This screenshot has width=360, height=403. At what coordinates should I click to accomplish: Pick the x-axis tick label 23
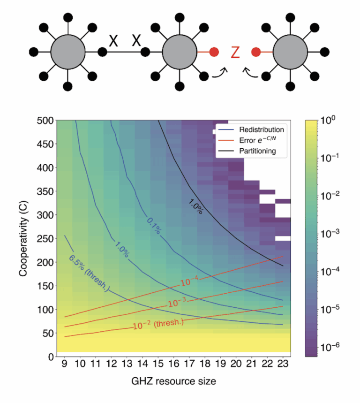coord(282,365)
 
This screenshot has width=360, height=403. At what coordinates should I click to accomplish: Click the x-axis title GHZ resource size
coord(173,382)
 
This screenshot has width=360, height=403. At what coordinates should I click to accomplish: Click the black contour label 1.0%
coord(195,205)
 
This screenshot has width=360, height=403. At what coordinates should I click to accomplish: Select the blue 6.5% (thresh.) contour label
coord(89,273)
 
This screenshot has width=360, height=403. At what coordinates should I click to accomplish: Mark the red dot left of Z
coord(214,52)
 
